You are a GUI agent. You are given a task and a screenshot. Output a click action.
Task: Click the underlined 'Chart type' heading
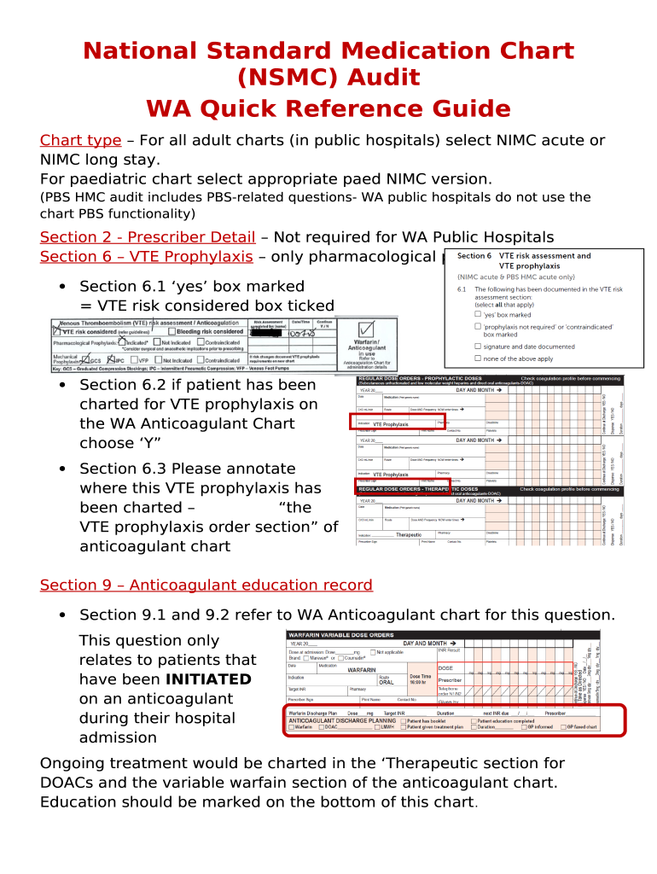click(x=80, y=141)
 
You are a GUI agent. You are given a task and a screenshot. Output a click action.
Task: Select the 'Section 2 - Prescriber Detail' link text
click(x=148, y=237)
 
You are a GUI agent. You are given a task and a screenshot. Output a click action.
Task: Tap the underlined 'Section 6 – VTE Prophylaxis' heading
click(x=146, y=257)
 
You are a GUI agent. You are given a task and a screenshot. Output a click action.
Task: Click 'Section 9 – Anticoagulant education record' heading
click(x=206, y=585)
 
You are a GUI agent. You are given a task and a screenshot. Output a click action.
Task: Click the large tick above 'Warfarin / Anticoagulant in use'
click(x=367, y=329)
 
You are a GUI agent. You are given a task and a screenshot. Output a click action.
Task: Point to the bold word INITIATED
click(x=208, y=679)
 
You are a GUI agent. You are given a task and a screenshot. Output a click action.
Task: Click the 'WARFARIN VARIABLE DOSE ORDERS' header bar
click(x=341, y=635)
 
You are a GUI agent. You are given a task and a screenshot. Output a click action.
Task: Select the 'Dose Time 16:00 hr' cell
click(x=421, y=679)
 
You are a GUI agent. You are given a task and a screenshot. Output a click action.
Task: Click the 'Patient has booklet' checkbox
click(x=404, y=720)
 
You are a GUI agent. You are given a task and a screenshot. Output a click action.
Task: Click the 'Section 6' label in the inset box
click(x=474, y=256)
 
